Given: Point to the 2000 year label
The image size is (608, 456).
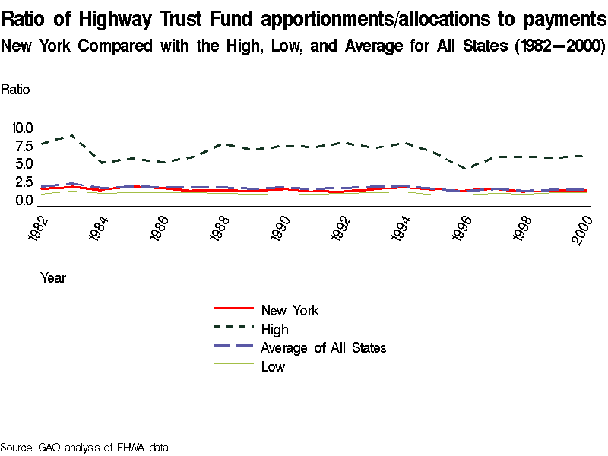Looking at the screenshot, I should coord(583,226).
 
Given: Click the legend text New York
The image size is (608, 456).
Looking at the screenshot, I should coord(290,310).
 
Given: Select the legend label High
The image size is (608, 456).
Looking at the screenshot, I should coord(274,329).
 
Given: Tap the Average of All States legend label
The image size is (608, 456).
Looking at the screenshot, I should coord(323,348).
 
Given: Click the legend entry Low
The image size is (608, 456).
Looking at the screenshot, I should coord(273,367).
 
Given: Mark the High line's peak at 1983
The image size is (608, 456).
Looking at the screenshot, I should coord(71,135).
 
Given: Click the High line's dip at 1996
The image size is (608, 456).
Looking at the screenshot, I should coord(469,169).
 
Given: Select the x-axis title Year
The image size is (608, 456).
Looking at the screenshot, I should coord(53,278).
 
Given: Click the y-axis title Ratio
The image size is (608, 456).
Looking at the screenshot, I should coord(15,90).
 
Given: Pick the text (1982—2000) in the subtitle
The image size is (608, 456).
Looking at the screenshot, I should coord(559,46).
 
